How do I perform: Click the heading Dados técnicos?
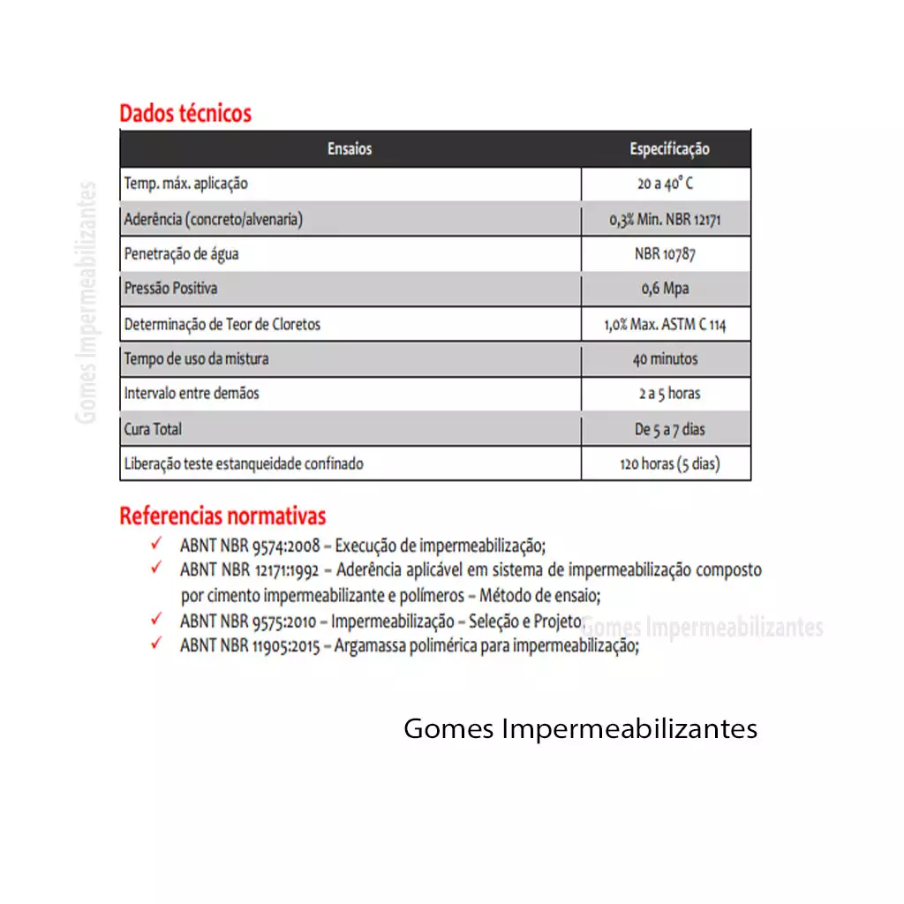pyautogui.click(x=185, y=114)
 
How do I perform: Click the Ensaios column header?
pyautogui.click(x=350, y=149)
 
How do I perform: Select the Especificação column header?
pyautogui.click(x=669, y=149)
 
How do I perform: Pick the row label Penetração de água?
pyautogui.click(x=182, y=254)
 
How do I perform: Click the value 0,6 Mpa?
pyautogui.click(x=666, y=289)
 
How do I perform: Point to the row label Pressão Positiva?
pyautogui.click(x=170, y=289)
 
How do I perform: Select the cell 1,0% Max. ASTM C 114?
pyautogui.click(x=666, y=324)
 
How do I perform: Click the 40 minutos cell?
pyautogui.click(x=666, y=359)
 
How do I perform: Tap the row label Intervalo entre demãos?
pyautogui.click(x=192, y=394)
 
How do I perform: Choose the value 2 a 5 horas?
pyautogui.click(x=669, y=394)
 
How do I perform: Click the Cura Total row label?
pyautogui.click(x=153, y=429)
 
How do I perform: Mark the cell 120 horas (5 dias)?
pyautogui.click(x=669, y=463)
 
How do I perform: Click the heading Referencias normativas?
pyautogui.click(x=222, y=516)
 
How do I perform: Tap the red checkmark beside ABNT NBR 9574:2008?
pyautogui.click(x=156, y=544)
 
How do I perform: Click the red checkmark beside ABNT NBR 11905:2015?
pyautogui.click(x=156, y=644)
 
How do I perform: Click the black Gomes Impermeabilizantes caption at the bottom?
pyautogui.click(x=580, y=729)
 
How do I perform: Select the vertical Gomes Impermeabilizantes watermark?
pyautogui.click(x=87, y=302)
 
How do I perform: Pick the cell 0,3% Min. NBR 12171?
pyautogui.click(x=666, y=220)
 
